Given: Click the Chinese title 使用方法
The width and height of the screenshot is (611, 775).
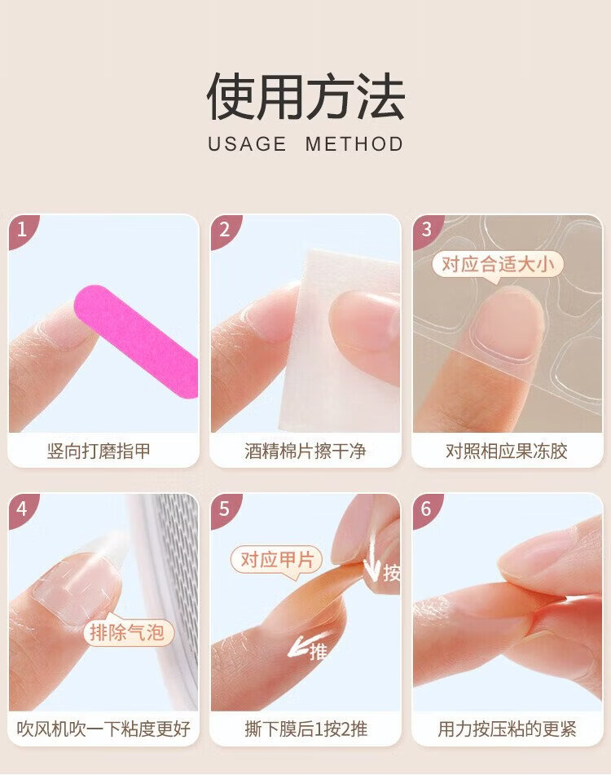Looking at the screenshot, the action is [305, 96].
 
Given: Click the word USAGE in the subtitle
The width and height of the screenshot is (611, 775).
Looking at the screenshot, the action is [247, 144].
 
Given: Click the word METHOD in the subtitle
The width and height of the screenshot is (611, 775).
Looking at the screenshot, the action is [354, 144].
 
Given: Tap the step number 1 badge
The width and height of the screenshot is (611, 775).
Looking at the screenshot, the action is [22, 229].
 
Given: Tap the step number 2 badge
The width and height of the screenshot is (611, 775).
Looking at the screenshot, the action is [224, 229].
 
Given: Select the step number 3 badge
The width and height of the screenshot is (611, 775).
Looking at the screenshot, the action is [426, 229].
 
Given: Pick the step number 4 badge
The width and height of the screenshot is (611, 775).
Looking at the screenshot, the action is [22, 509].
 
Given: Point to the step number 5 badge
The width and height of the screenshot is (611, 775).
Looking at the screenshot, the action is [224, 509].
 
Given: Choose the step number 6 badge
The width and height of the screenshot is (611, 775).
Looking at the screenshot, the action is [426, 509].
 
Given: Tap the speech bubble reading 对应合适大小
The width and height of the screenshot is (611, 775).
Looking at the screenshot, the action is [498, 266].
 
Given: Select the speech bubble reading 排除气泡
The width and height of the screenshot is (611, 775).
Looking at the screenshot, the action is [127, 632].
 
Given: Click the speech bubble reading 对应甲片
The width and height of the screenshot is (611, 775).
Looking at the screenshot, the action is [277, 561].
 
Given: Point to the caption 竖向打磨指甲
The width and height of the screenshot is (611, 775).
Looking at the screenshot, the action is [99, 451].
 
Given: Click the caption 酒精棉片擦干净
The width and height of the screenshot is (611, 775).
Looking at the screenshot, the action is [305, 451].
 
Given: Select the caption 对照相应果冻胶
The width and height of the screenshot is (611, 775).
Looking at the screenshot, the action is [507, 451].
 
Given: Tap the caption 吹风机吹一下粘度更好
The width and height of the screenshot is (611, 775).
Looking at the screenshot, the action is [103, 729].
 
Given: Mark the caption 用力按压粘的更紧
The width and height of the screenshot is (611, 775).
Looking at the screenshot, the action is [507, 729].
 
